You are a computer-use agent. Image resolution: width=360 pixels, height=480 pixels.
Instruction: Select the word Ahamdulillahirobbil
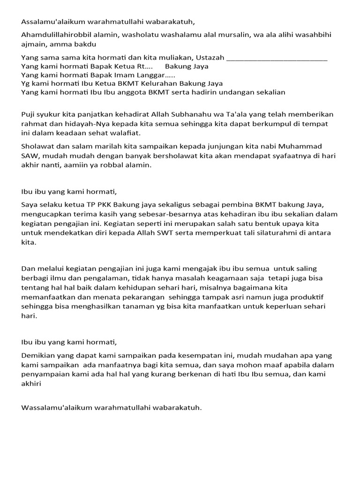pos(57,35)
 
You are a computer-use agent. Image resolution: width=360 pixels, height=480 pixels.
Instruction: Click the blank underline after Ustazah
pos(277,59)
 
